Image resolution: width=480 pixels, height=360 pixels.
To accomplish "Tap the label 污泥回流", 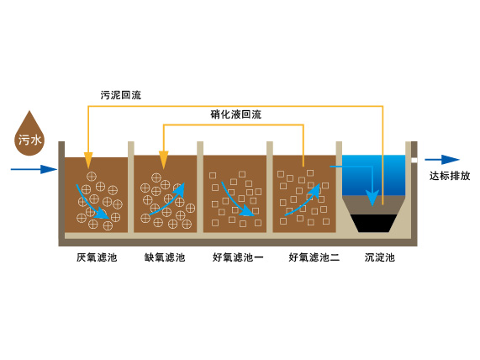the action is [121, 95].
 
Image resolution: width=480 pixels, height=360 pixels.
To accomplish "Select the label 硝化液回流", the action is [235, 114].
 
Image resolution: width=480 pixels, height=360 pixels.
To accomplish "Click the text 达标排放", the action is [450, 176].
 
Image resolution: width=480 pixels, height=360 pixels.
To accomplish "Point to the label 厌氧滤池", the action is [97, 257].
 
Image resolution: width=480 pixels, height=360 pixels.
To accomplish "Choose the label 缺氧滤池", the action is [165, 257].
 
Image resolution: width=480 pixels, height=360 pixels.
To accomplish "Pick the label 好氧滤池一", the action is [238, 257].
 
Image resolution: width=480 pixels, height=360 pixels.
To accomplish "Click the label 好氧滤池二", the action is [314, 257].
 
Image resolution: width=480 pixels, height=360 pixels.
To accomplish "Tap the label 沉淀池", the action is [380, 257].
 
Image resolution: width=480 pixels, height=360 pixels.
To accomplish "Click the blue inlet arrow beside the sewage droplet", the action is [34, 169].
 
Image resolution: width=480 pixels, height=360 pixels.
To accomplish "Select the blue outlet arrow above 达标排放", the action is [442, 160].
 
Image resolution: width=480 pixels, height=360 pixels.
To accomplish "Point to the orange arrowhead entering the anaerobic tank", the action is [88, 161].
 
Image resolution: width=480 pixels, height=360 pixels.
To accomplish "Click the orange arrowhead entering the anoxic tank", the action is [164, 161].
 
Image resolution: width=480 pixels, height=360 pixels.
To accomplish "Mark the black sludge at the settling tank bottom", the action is [373, 223].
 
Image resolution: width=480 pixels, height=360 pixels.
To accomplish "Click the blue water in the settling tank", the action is [373, 175].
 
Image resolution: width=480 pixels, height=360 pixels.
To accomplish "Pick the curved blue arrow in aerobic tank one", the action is [235, 203].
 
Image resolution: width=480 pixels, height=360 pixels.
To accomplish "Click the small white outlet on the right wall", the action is [414, 160].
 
